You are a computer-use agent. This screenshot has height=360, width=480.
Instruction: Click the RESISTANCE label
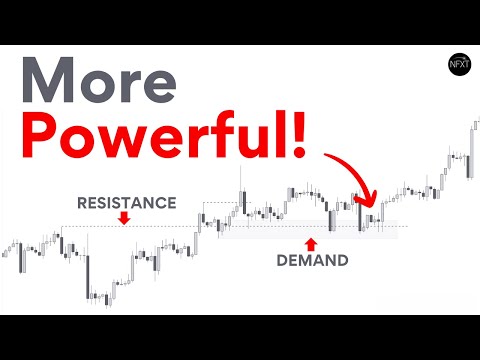(126, 203)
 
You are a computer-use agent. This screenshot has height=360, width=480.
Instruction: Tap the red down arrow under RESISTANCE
(125, 218)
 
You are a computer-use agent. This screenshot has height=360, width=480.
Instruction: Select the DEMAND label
(313, 262)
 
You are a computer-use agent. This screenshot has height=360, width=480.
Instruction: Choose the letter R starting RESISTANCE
(82, 203)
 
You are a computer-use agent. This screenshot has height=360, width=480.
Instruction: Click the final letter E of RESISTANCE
(171, 203)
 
